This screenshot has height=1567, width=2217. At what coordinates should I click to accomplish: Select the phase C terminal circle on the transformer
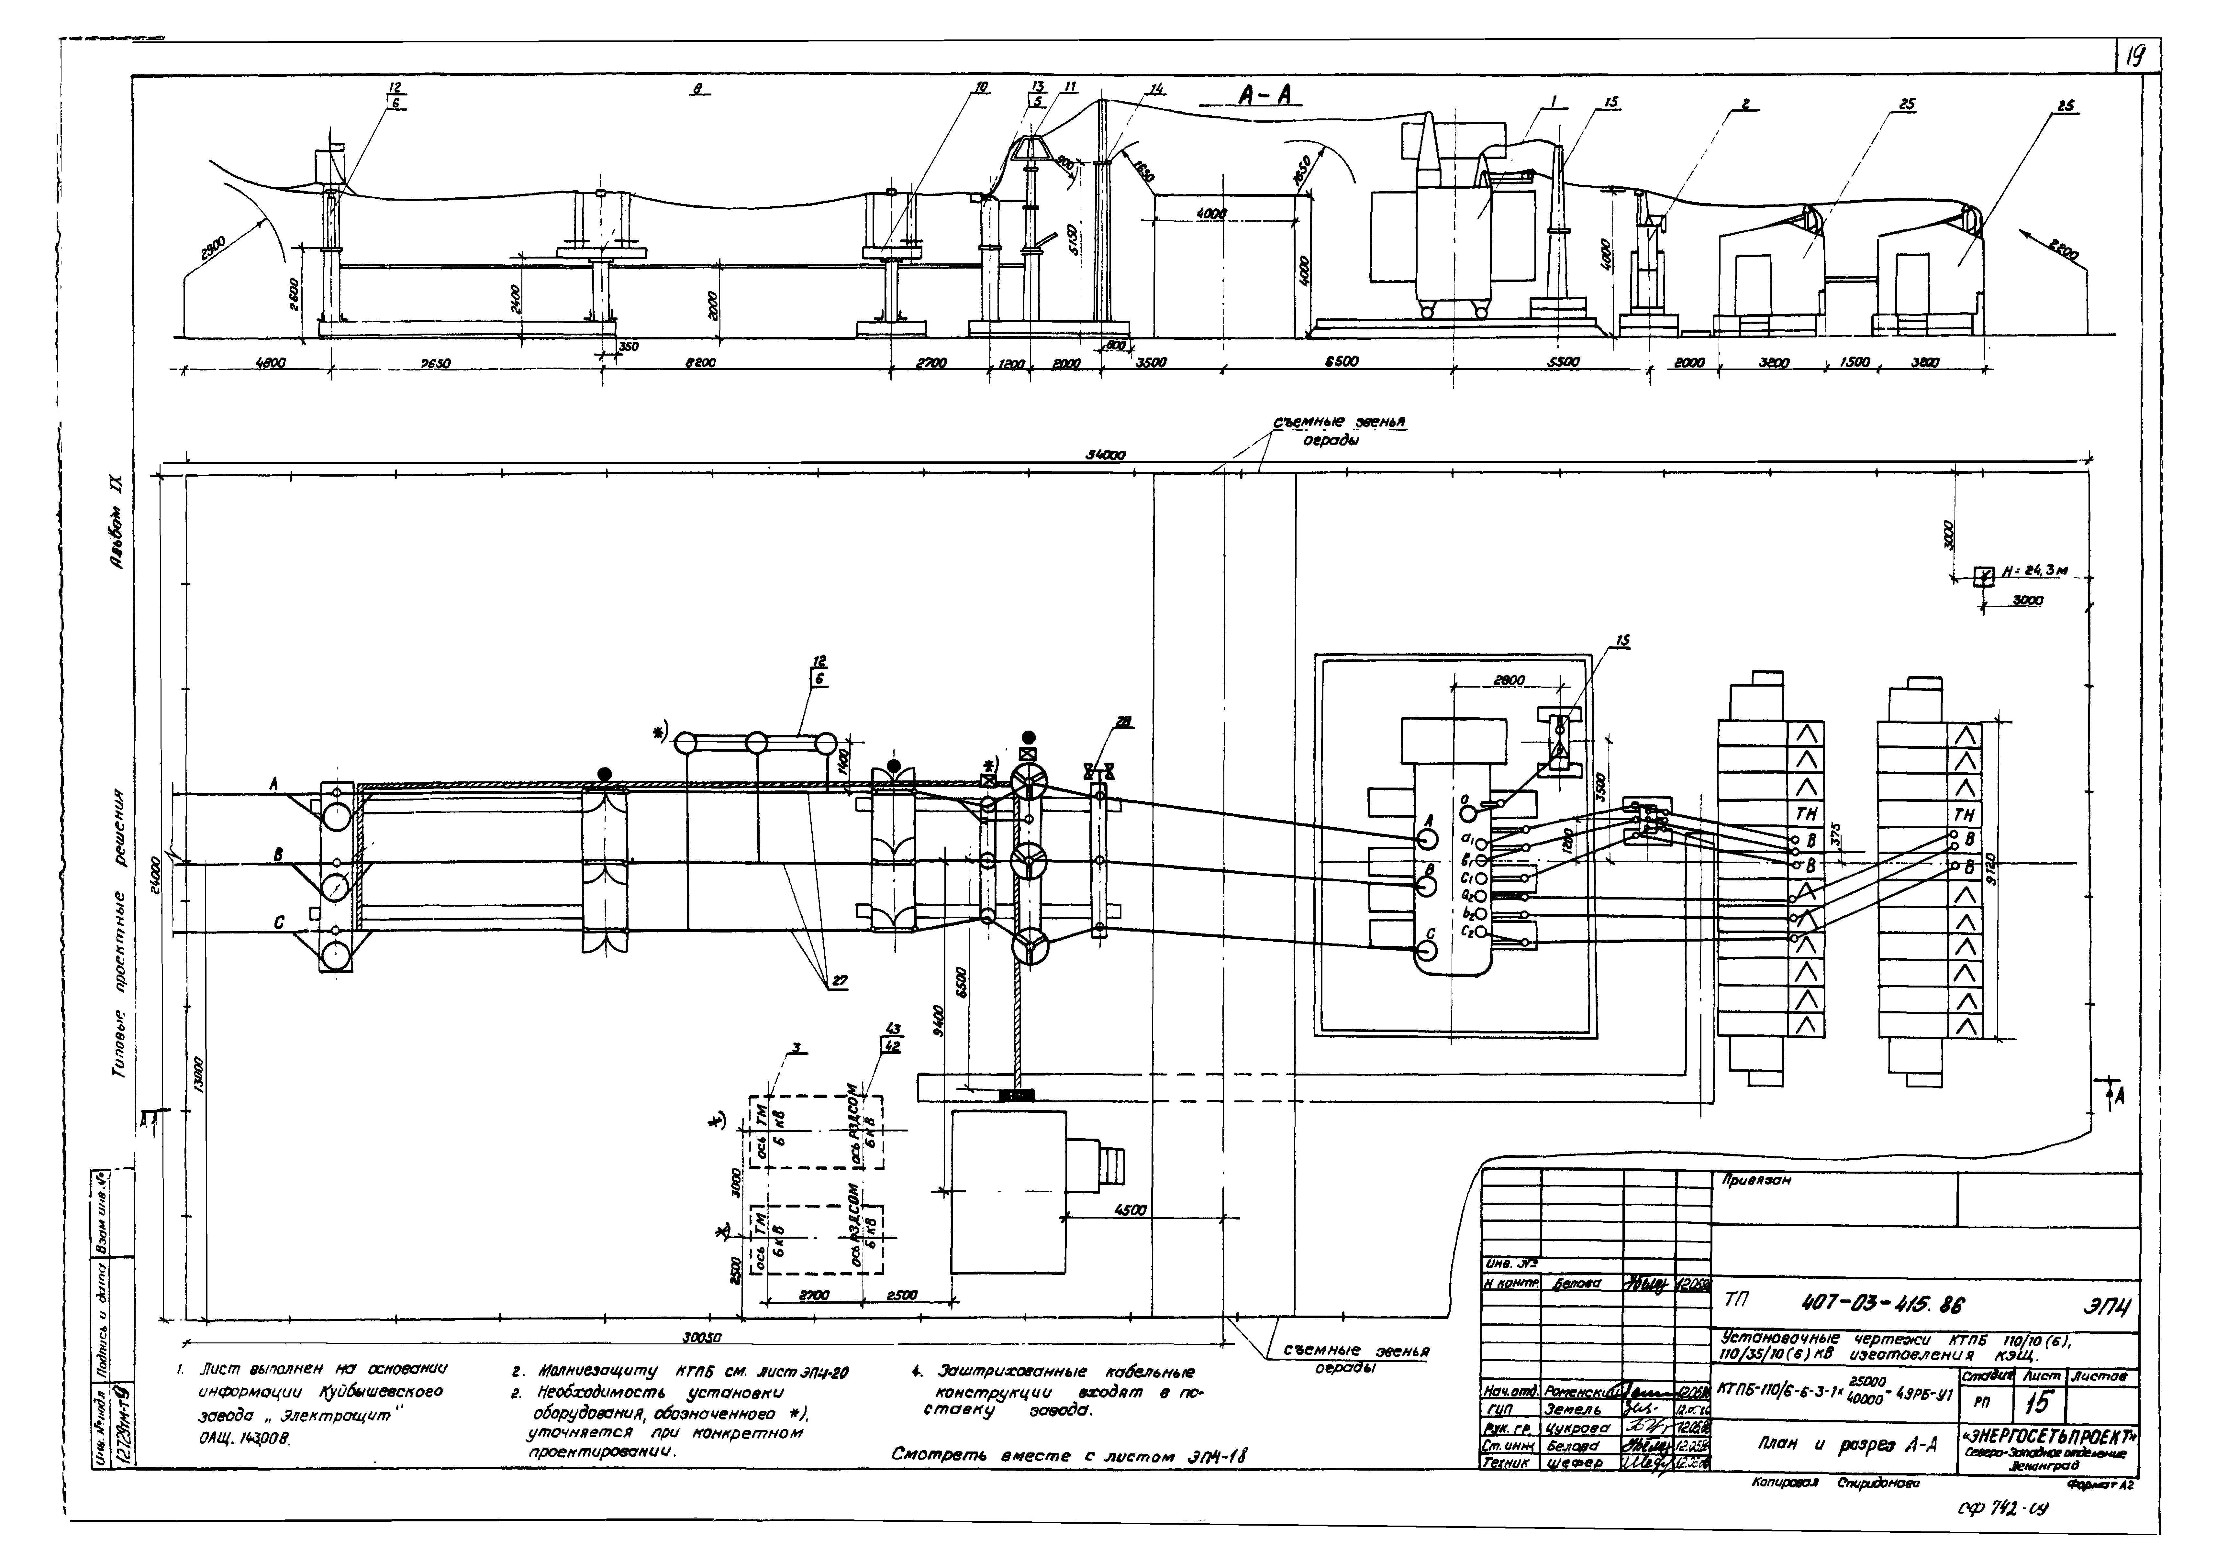(x=1425, y=950)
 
